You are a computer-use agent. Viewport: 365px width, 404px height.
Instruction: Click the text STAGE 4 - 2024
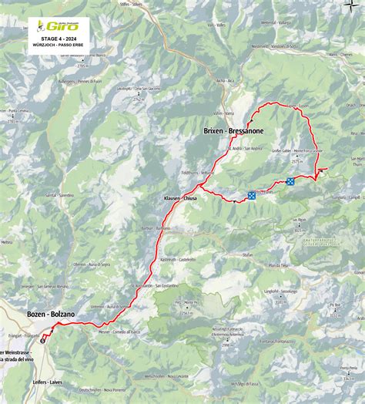point(59,36)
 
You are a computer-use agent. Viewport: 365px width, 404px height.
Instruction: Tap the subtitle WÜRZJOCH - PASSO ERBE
point(59,45)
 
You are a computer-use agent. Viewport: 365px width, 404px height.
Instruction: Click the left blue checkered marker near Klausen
point(252,196)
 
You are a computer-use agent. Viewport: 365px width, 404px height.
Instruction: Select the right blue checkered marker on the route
point(290,182)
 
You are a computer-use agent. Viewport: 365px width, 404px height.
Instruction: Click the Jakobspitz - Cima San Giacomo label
point(137,89)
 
